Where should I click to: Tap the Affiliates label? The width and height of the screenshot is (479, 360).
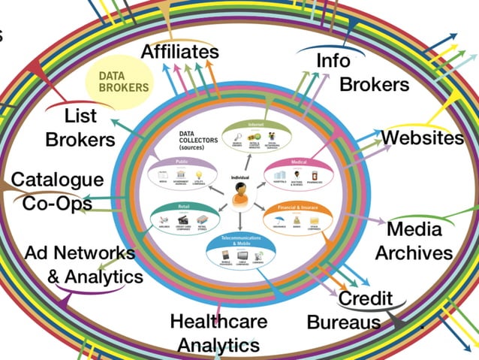click(180, 52)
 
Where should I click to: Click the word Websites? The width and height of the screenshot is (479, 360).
click(422, 138)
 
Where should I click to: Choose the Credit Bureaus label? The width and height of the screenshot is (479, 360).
click(349, 310)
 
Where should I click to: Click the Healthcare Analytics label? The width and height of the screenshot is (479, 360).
click(218, 332)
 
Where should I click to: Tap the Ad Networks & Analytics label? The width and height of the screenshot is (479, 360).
click(83, 265)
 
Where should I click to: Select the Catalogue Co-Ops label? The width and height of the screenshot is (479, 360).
click(57, 191)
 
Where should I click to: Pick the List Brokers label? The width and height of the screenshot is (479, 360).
click(80, 129)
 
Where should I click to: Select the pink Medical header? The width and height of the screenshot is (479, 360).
click(298, 162)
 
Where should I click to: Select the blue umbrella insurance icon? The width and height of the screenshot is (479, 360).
click(279, 219)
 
